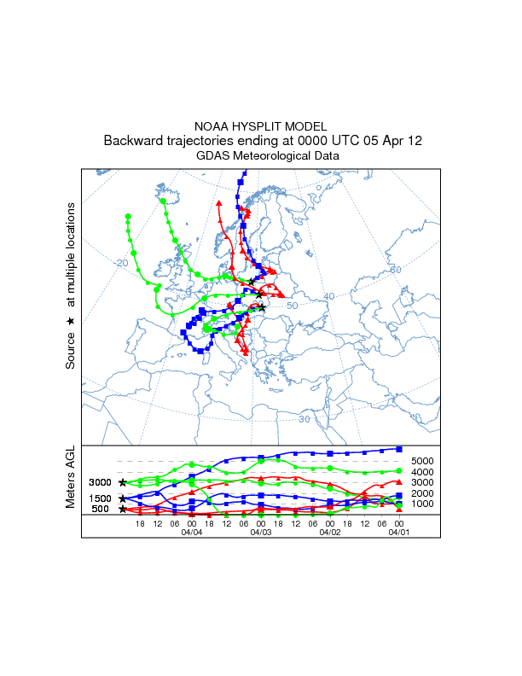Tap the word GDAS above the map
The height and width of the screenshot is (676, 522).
click(213, 156)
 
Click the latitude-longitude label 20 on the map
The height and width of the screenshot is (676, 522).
click(122, 263)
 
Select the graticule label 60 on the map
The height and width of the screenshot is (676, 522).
click(395, 270)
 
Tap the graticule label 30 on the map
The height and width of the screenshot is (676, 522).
click(304, 419)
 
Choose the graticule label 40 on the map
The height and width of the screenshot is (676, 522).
click(329, 296)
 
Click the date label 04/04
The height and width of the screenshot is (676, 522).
click(191, 532)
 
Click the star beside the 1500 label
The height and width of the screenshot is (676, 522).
click(123, 498)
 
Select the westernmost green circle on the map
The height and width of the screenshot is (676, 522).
click(127, 216)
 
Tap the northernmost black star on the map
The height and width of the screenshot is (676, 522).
click(251, 283)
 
